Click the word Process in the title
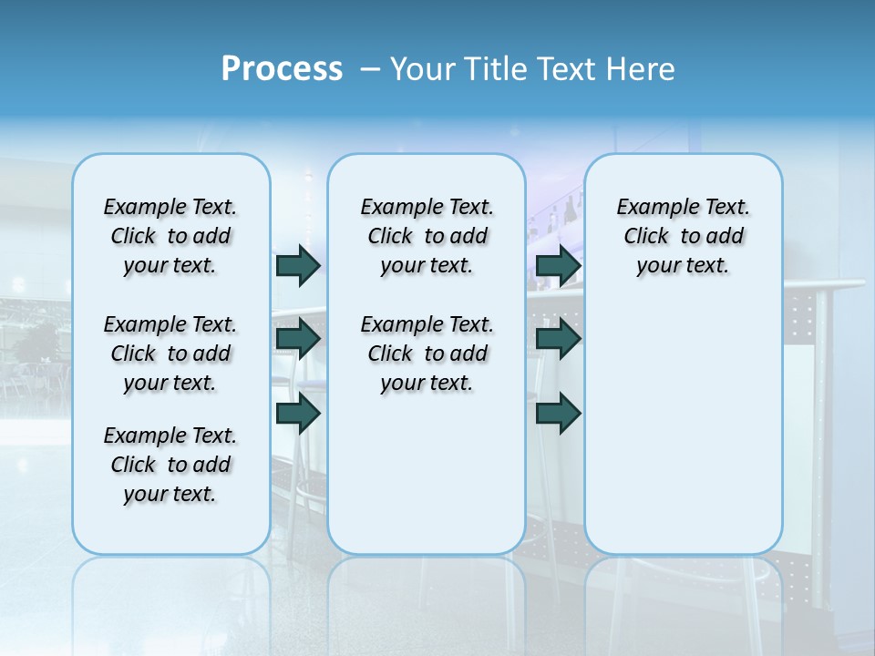[282, 68]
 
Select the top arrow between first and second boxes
[298, 265]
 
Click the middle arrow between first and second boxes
[298, 339]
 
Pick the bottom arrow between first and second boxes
[298, 413]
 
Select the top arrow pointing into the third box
[559, 265]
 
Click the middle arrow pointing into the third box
[559, 339]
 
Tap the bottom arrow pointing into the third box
[559, 413]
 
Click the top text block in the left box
[170, 236]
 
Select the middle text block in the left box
[170, 354]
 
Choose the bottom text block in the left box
[170, 465]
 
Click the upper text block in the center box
[427, 236]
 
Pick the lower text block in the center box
[427, 354]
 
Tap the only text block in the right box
[683, 236]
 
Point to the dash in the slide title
[370, 69]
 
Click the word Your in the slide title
[422, 68]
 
